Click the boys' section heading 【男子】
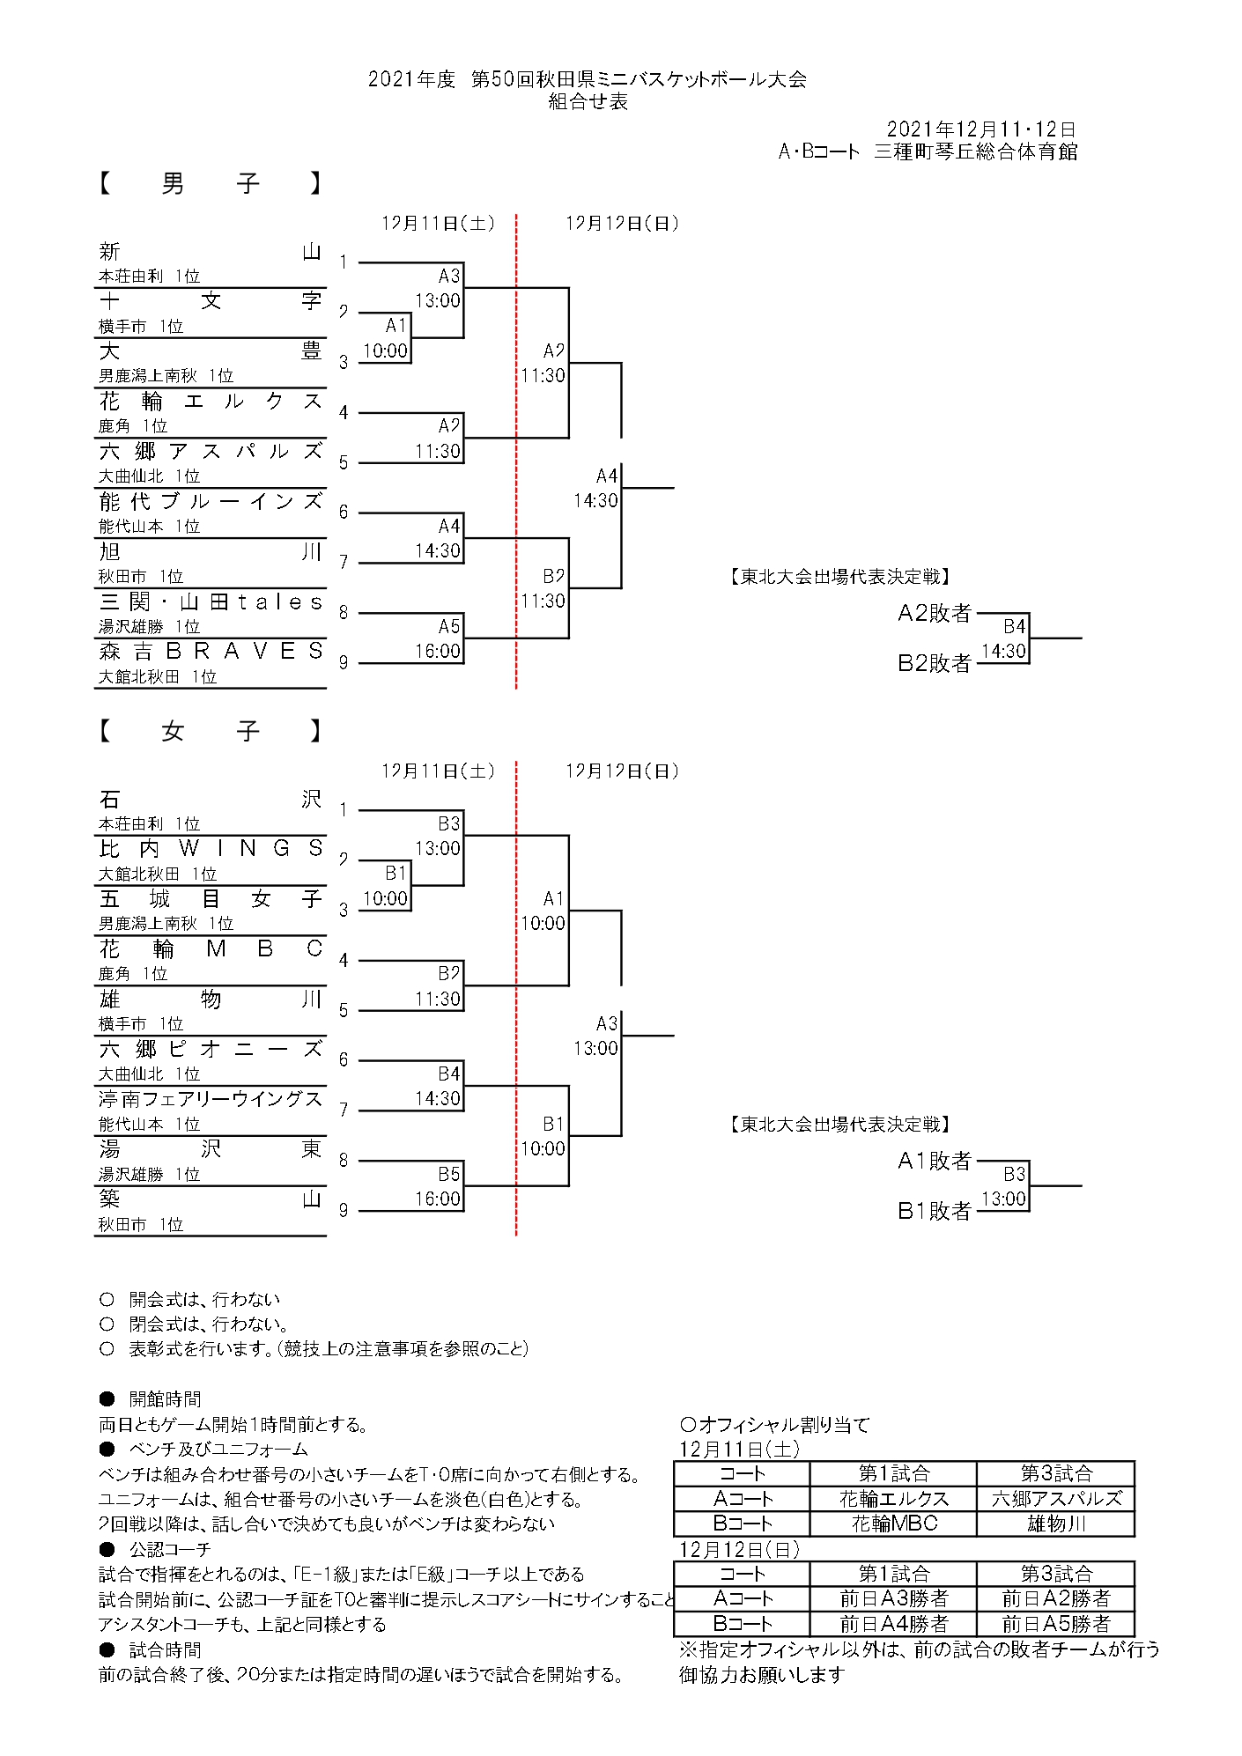[x=210, y=183]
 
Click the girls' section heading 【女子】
[x=210, y=731]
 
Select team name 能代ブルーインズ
[x=211, y=502]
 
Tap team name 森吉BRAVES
[x=211, y=652]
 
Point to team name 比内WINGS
[x=211, y=848]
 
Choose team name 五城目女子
[x=211, y=898]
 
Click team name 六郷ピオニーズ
[x=211, y=1049]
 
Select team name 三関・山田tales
[x=211, y=602]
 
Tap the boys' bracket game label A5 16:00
[x=440, y=638]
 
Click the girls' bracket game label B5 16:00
[x=440, y=1186]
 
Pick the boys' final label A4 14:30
[x=596, y=488]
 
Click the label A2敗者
[x=934, y=613]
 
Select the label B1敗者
[x=934, y=1211]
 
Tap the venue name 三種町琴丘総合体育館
[x=975, y=151]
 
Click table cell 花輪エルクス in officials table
[x=893, y=1499]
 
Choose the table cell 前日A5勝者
[x=1055, y=1624]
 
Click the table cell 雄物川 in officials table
[x=1055, y=1524]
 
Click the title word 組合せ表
[x=588, y=101]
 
